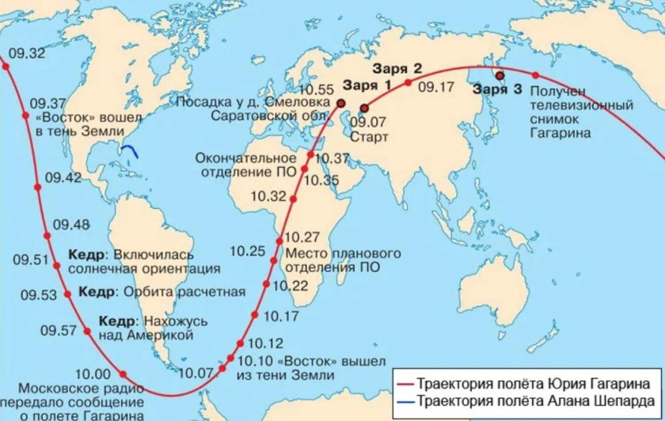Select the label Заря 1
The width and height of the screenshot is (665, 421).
coord(367,85)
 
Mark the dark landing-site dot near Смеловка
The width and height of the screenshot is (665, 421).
coord(340,104)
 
